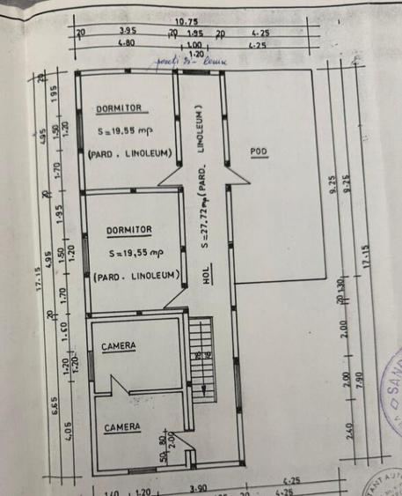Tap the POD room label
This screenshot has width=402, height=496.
tap(258, 152)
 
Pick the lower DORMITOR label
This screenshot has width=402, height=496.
tap(129, 230)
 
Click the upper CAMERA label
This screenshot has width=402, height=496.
tap(118, 347)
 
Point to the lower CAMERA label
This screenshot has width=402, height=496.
tap(121, 428)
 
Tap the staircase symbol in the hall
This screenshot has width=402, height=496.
tap(201, 345)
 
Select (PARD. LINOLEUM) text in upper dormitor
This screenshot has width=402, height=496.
tap(130, 153)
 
